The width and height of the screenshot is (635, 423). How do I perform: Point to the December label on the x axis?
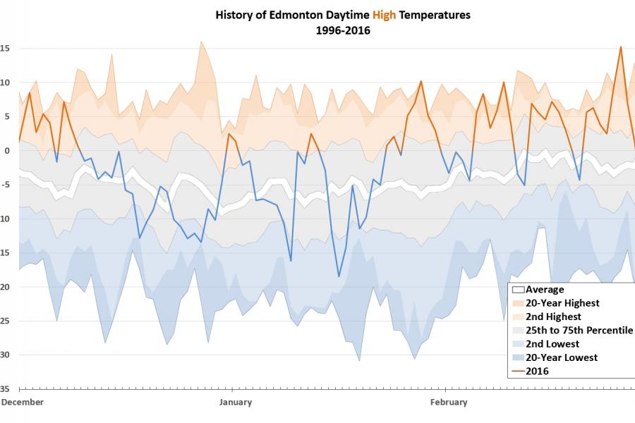pyautogui.click(x=23, y=403)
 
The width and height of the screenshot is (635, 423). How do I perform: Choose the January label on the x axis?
pyautogui.click(x=235, y=403)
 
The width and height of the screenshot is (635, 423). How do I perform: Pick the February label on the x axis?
pyautogui.click(x=449, y=403)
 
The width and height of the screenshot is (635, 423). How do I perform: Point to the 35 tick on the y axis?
pyautogui.click(x=4, y=388)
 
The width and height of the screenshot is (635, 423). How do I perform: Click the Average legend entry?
pyautogui.click(x=545, y=289)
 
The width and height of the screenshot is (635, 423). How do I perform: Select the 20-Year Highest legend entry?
pyautogui.click(x=562, y=303)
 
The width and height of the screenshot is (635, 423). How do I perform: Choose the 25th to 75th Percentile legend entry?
pyautogui.click(x=579, y=330)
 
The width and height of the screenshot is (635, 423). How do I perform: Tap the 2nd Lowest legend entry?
pyautogui.click(x=552, y=344)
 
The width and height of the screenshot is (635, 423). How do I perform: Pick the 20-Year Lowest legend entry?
pyautogui.click(x=562, y=357)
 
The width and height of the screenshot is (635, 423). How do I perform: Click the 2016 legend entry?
pyautogui.click(x=537, y=371)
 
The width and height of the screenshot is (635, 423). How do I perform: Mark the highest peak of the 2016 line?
pyautogui.click(x=620, y=47)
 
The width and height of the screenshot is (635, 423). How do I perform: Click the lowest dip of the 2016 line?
pyautogui.click(x=339, y=276)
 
